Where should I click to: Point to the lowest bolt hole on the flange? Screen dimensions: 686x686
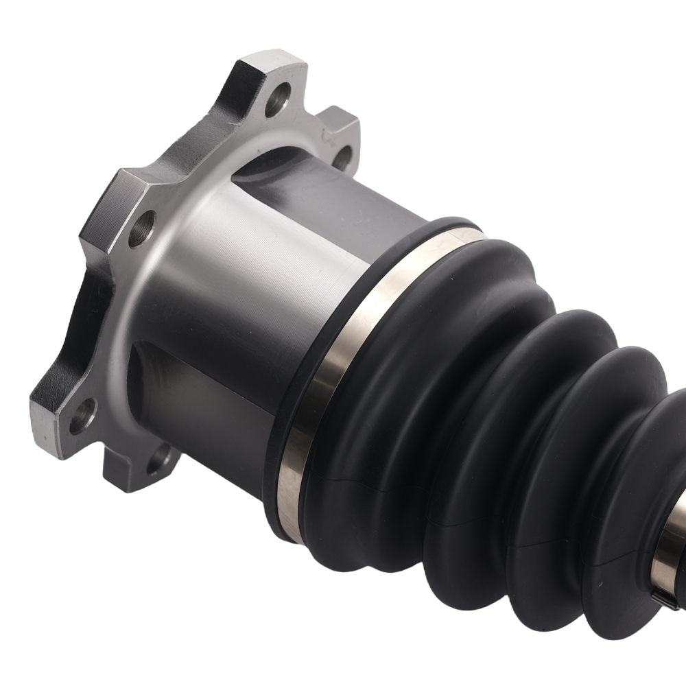(159, 454)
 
